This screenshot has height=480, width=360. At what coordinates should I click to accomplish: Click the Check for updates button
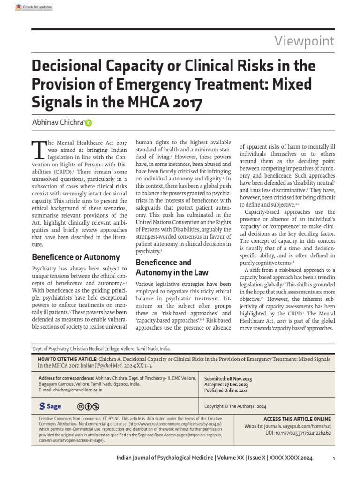(33, 7)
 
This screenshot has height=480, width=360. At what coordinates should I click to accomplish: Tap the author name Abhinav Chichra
(57, 122)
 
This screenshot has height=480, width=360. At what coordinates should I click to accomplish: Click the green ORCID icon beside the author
(89, 123)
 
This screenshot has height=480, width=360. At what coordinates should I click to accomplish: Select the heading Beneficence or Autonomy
(75, 257)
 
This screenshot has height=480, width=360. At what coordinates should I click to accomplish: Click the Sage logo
(50, 406)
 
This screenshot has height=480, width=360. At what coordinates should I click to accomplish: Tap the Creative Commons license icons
(89, 406)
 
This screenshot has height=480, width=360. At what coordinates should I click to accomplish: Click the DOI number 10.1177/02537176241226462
(305, 433)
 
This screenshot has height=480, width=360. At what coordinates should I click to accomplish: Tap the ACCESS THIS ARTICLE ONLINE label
(297, 419)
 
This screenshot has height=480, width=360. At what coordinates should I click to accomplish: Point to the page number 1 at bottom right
(333, 458)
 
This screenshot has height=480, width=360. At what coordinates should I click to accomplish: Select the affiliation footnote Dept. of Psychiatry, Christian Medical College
(101, 349)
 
